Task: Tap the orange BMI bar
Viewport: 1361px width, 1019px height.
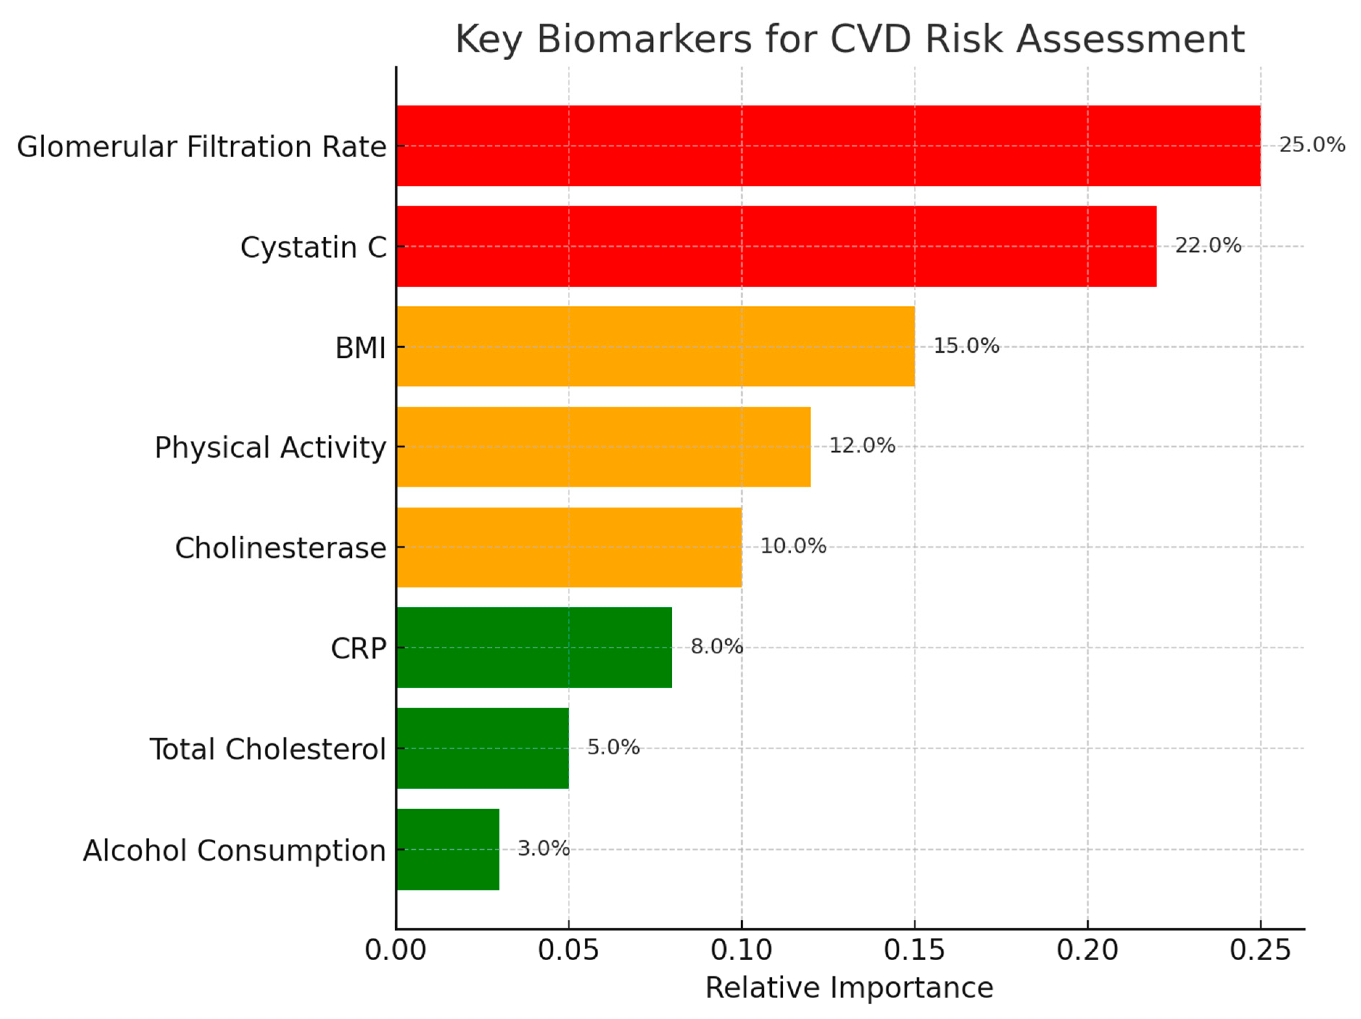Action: click(655, 346)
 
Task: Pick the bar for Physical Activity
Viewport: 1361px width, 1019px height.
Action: click(603, 447)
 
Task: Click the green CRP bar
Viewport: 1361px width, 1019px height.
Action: click(534, 647)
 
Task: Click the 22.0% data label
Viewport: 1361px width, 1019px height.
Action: click(1208, 245)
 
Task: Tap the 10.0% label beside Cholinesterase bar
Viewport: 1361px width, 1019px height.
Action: click(793, 546)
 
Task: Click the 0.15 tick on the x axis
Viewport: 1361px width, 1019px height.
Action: click(914, 950)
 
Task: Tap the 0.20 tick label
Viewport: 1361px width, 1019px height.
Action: click(1087, 950)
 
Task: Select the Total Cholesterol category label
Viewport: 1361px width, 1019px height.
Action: click(268, 749)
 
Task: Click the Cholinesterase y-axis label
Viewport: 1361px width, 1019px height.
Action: click(281, 548)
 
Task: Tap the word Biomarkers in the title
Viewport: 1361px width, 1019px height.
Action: click(644, 40)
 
